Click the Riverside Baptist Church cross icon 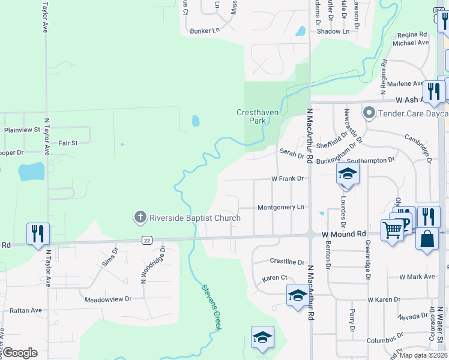pyautogui.click(x=140, y=217)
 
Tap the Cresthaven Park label pyautogui.click(x=251, y=116)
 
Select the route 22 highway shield pyautogui.click(x=147, y=240)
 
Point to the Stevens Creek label pyautogui.click(x=211, y=306)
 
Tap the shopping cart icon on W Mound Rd pyautogui.click(x=393, y=229)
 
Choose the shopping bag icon pyautogui.click(x=427, y=238)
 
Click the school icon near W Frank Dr pyautogui.click(x=347, y=173)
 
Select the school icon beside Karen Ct pyautogui.click(x=298, y=296)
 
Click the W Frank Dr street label pyautogui.click(x=288, y=179)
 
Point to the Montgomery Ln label pyautogui.click(x=281, y=208)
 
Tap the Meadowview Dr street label pyautogui.click(x=108, y=299)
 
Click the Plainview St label pyautogui.click(x=22, y=130)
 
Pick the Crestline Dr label pyautogui.click(x=288, y=262)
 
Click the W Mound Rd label pyautogui.click(x=343, y=234)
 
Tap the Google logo pyautogui.click(x=20, y=353)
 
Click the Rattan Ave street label pyautogui.click(x=25, y=311)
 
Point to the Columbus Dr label pyautogui.click(x=384, y=340)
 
